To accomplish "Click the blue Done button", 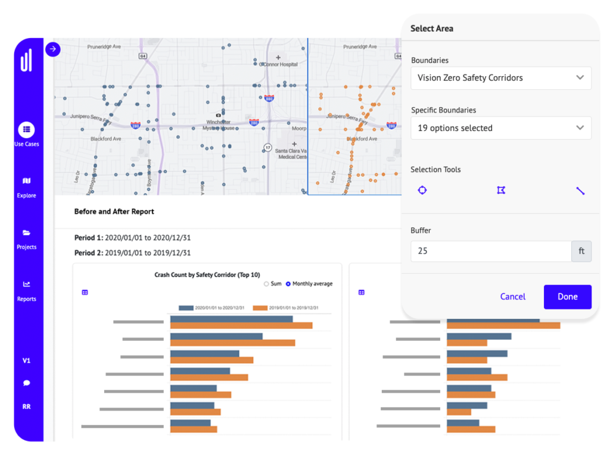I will click(x=567, y=296).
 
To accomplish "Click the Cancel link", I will click(x=512, y=296).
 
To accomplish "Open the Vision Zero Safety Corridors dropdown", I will click(x=500, y=78).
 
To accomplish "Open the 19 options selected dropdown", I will click(x=500, y=128).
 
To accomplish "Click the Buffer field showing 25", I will click(x=491, y=251).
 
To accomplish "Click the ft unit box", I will click(x=581, y=251).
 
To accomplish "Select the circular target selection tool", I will click(x=422, y=190).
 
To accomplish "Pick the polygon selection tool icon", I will click(x=501, y=190).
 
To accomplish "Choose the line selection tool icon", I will click(x=580, y=190).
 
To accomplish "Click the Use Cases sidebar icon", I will click(x=26, y=130).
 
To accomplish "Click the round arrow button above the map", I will click(x=53, y=49).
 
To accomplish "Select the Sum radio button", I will click(x=266, y=284).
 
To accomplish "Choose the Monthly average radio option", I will click(x=288, y=284).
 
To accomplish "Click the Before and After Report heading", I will click(x=114, y=211).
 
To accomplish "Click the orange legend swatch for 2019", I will click(x=260, y=308).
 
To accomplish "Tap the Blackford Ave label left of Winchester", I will click(x=105, y=139).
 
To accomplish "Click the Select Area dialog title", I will click(x=432, y=28).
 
